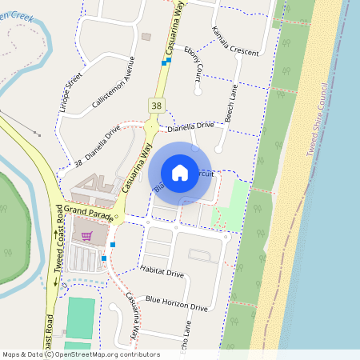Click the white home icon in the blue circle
point(180,172)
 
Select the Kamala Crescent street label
point(235,41)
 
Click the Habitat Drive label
point(162,274)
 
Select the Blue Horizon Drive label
point(177,303)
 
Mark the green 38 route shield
point(155,105)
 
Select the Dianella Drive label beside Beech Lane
point(190,126)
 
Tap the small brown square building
point(146,37)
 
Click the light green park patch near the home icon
point(232,200)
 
